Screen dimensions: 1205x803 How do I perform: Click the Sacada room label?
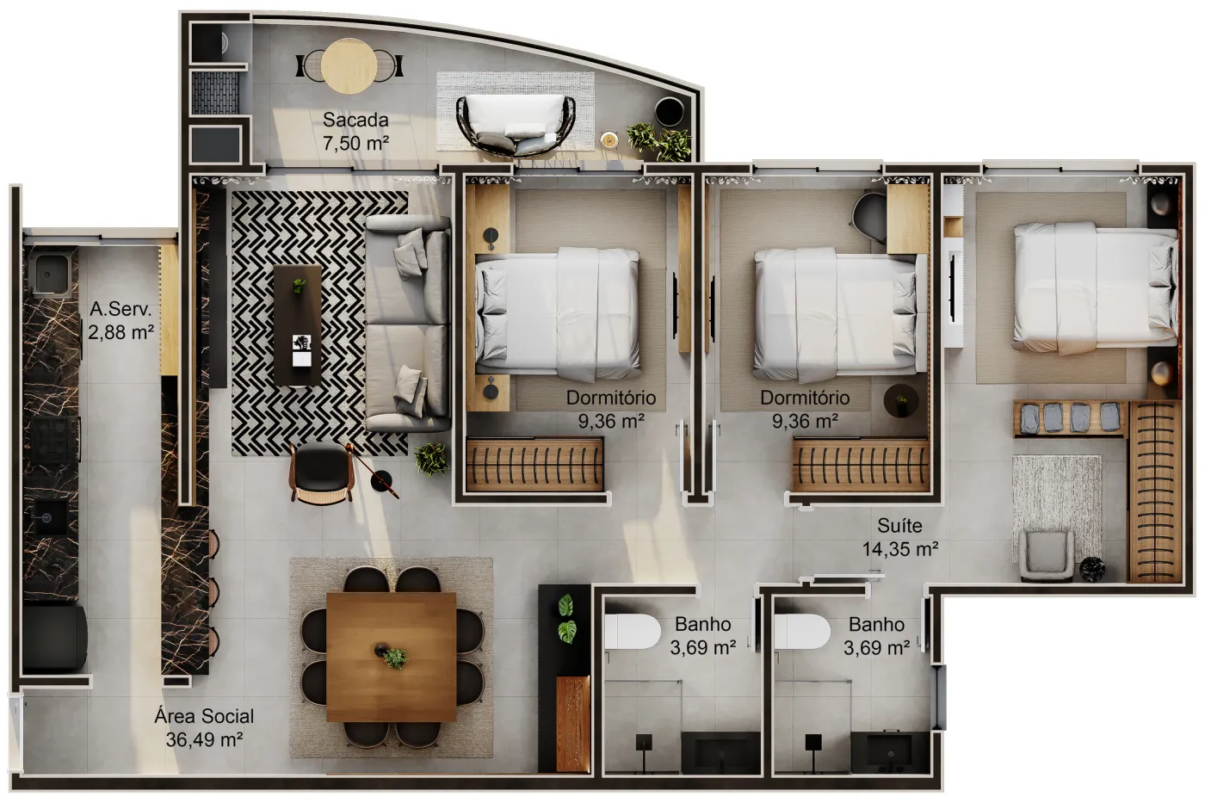(x=355, y=120)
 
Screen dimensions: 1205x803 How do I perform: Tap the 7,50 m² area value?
(x=355, y=144)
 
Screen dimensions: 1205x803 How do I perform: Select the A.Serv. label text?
(x=120, y=309)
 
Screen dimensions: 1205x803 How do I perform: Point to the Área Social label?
(x=204, y=716)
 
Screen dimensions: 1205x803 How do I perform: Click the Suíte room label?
(x=899, y=525)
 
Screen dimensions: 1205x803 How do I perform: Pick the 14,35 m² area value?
(x=900, y=549)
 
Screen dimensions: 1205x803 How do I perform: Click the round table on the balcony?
(x=348, y=66)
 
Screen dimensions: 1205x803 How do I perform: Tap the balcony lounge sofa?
(x=516, y=125)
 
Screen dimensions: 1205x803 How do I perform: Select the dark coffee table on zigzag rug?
(x=298, y=324)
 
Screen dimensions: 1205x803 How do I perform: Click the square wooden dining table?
(x=391, y=657)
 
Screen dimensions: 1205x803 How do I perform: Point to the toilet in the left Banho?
(x=632, y=631)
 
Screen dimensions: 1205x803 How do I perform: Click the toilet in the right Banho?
(x=801, y=631)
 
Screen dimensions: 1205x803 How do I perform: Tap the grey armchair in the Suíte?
(x=1047, y=556)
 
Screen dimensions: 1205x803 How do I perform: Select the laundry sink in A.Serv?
(x=48, y=275)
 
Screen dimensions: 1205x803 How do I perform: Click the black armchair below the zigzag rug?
(x=321, y=473)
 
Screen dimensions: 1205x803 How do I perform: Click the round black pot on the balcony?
(x=670, y=111)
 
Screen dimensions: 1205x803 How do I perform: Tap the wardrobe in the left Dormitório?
(x=535, y=465)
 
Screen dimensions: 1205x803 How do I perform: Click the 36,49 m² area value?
(x=204, y=739)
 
